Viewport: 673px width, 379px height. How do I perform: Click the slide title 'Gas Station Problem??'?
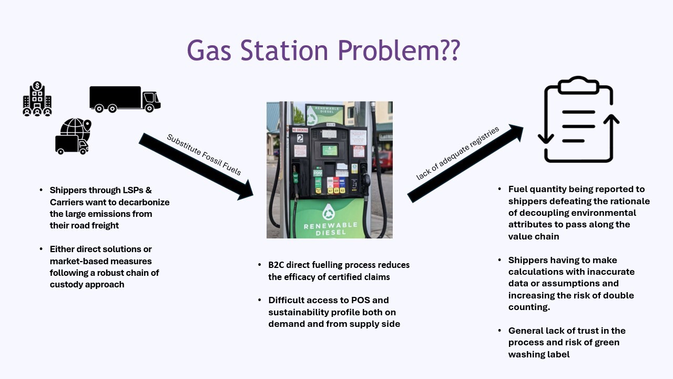[x=323, y=50]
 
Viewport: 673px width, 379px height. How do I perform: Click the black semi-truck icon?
[x=125, y=99]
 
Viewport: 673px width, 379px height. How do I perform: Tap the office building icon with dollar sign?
[x=37, y=99]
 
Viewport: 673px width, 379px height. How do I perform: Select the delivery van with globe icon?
[x=73, y=137]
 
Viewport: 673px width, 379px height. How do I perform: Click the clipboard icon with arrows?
[x=578, y=120]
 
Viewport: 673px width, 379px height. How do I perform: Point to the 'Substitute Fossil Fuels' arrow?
[x=196, y=166]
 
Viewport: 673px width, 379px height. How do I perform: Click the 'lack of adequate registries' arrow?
[x=465, y=163]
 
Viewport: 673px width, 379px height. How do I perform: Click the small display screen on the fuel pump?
[x=329, y=150]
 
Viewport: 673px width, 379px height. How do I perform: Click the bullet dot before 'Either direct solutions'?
[x=41, y=249]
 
